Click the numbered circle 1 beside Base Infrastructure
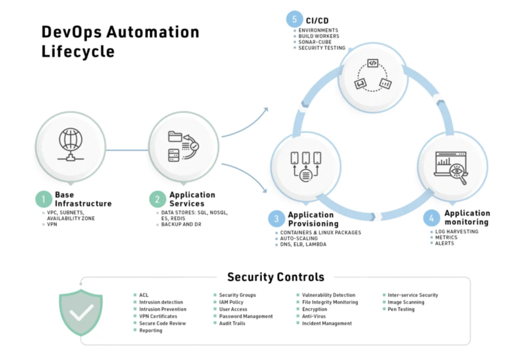pyautogui.click(x=43, y=199)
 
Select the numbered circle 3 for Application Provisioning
pyautogui.click(x=276, y=219)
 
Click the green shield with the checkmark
pyautogui.click(x=81, y=312)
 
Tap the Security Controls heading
pyautogui.click(x=275, y=277)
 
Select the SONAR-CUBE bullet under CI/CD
pyautogui.click(x=314, y=42)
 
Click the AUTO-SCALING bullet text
pyautogui.click(x=299, y=238)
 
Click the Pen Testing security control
pyautogui.click(x=401, y=309)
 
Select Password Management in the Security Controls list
pyautogui.click(x=246, y=316)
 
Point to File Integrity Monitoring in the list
pyautogui.click(x=330, y=302)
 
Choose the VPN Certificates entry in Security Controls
pyautogui.click(x=158, y=316)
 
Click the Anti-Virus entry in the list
pyautogui.click(x=314, y=316)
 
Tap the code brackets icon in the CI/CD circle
pyautogui.click(x=373, y=63)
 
